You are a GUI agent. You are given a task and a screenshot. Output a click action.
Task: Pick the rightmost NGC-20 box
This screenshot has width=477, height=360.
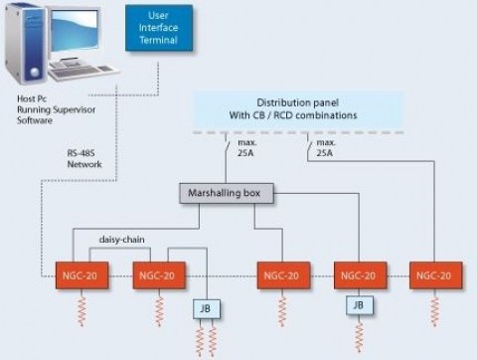tap(435, 275)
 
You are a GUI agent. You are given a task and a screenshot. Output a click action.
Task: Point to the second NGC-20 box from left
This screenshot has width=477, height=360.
tap(158, 275)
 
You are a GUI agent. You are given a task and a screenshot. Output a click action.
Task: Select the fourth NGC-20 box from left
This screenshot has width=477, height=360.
tap(360, 275)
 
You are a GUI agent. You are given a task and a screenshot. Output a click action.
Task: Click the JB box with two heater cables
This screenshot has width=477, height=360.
tap(205, 309)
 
